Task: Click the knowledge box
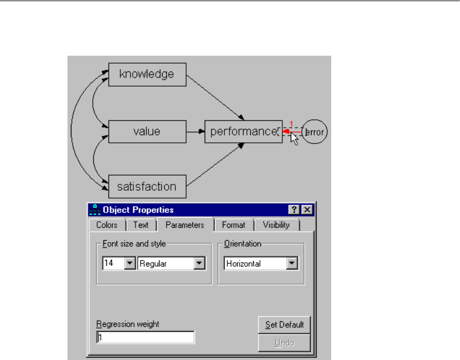pyautogui.click(x=147, y=74)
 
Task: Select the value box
pyautogui.click(x=147, y=132)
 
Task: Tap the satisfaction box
pyautogui.click(x=147, y=186)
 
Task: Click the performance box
pyautogui.click(x=243, y=132)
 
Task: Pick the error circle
pyautogui.click(x=315, y=132)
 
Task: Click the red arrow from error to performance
pyautogui.click(x=293, y=132)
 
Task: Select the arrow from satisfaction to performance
pyautogui.click(x=214, y=165)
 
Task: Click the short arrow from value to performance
pyautogui.click(x=195, y=132)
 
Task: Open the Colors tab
pyautogui.click(x=107, y=225)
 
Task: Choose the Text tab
pyautogui.click(x=141, y=225)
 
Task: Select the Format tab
pyautogui.click(x=233, y=225)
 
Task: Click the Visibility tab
pyautogui.click(x=276, y=225)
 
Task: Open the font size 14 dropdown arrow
pyautogui.click(x=129, y=263)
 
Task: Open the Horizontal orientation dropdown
pyautogui.click(x=291, y=263)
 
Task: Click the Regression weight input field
pyautogui.click(x=145, y=337)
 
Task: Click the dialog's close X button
pyautogui.click(x=306, y=210)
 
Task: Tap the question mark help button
pyautogui.click(x=294, y=210)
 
